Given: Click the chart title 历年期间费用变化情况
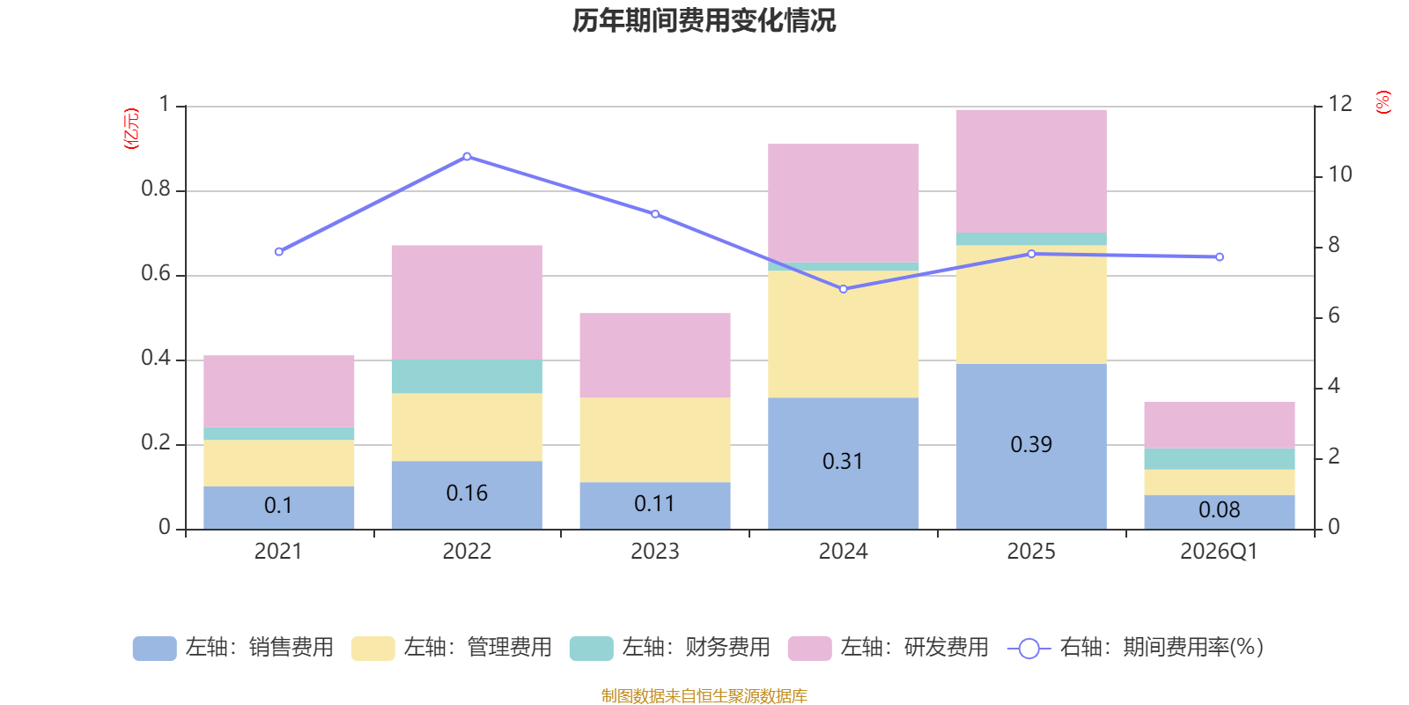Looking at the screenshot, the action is coord(704,21).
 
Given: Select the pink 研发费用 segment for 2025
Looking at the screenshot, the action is coord(1031,171).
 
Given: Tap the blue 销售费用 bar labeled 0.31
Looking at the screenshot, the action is coord(843,464).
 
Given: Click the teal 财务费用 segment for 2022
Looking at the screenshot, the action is coord(467,376).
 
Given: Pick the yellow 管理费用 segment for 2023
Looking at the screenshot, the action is coord(655,440).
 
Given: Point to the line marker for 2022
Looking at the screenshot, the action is coord(467,157).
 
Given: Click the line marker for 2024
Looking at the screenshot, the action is coord(844,290).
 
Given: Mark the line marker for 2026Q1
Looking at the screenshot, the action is coord(1220,256).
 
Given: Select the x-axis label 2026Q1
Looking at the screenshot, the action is coord(1219,552).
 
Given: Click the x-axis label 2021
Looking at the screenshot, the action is coord(278,552).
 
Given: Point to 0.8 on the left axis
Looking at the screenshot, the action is coord(156,189).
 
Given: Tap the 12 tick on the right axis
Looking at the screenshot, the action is coord(1339,104).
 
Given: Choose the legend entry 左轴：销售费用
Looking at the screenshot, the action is coord(233,648).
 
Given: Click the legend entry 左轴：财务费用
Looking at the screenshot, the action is coord(670,648).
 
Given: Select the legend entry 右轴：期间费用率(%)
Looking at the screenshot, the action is coord(1135,648).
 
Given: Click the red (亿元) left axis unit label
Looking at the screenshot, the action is coord(131,129).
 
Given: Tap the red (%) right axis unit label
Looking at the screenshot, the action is coord(1383,102).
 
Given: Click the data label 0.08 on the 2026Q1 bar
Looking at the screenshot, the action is coord(1219,510).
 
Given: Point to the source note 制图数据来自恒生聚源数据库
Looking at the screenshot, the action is coord(704,695).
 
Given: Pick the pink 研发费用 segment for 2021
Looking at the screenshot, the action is coord(278,391).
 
